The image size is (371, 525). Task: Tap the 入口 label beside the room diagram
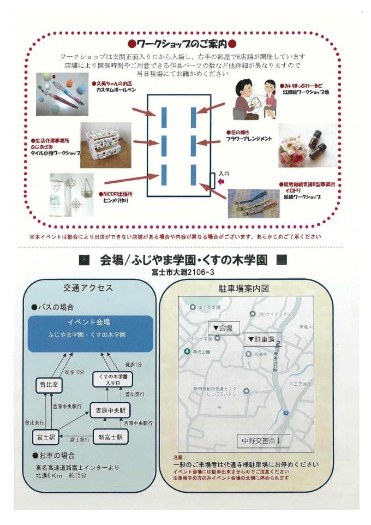224,174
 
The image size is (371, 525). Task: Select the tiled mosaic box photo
106,144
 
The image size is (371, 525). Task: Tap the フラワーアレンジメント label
249,139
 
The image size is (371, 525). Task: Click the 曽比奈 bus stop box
47,384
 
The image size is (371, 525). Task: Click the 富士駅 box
47,437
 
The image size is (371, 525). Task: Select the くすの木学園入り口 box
113,380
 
